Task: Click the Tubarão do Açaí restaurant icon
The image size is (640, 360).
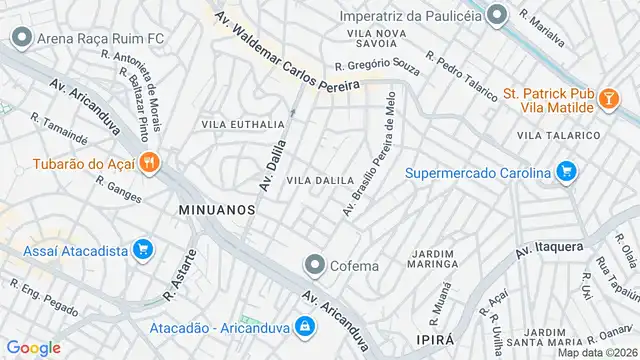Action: [149, 162]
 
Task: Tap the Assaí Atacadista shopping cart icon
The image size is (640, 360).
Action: [142, 249]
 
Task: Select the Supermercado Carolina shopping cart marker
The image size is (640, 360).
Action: [566, 172]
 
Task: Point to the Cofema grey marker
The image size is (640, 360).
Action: [315, 265]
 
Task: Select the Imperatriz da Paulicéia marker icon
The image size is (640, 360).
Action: [498, 16]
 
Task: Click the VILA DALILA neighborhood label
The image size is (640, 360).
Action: [321, 180]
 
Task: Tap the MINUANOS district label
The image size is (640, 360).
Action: [217, 210]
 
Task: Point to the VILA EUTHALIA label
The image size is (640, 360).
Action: [243, 124]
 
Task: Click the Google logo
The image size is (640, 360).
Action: [33, 347]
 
